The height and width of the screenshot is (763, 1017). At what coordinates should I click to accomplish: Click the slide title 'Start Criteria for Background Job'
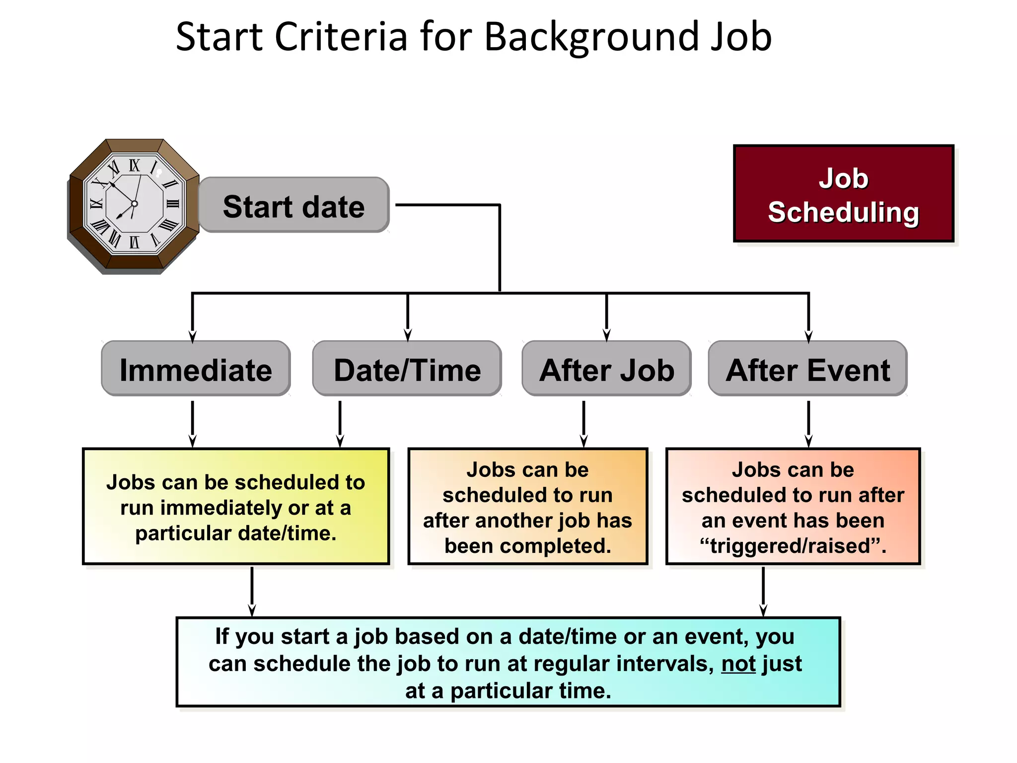point(474,37)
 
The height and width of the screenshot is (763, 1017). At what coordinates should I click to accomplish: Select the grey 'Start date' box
point(293,206)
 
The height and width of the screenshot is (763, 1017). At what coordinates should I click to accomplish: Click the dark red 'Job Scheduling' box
point(843,194)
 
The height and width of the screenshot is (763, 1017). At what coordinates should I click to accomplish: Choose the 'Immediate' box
point(196,369)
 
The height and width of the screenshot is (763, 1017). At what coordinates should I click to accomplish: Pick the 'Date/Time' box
point(407,369)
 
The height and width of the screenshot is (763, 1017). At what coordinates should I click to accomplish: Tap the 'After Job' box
point(606,369)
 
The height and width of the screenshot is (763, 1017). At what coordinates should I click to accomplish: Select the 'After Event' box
point(808,369)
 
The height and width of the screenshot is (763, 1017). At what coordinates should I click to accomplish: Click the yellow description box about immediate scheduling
point(236,507)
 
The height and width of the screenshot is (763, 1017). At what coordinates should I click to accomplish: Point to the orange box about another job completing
point(527,507)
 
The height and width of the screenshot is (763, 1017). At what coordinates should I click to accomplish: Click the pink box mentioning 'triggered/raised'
point(793,507)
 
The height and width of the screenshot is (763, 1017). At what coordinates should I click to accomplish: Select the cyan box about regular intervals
point(508,662)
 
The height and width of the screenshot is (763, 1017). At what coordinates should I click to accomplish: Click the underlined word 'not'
point(738,664)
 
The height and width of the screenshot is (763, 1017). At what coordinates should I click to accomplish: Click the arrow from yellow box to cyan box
point(252,591)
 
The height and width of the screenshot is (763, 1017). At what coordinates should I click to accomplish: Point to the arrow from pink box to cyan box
point(763,591)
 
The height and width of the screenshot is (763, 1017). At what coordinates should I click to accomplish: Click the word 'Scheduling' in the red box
point(843,213)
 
